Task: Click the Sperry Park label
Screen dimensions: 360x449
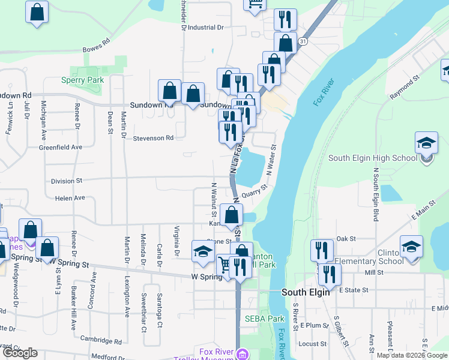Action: [x=83, y=80]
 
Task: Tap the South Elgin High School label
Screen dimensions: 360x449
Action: [x=372, y=158]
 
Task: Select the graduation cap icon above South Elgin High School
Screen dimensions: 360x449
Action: [x=426, y=143]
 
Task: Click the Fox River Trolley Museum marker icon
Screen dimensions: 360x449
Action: [x=242, y=353]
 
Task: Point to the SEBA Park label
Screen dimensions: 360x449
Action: [x=264, y=319]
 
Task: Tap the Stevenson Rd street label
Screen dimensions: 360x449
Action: [x=153, y=138]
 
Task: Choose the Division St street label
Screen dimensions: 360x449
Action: [x=66, y=181]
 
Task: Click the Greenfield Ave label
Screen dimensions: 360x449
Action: [x=60, y=147]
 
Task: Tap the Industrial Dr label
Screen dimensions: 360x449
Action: [x=205, y=28]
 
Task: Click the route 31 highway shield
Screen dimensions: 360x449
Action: [x=304, y=41]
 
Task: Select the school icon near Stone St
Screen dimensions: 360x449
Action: [x=203, y=251]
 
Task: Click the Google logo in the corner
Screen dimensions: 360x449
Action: [x=20, y=353]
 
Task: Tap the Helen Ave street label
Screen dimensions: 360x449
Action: [x=70, y=198]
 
